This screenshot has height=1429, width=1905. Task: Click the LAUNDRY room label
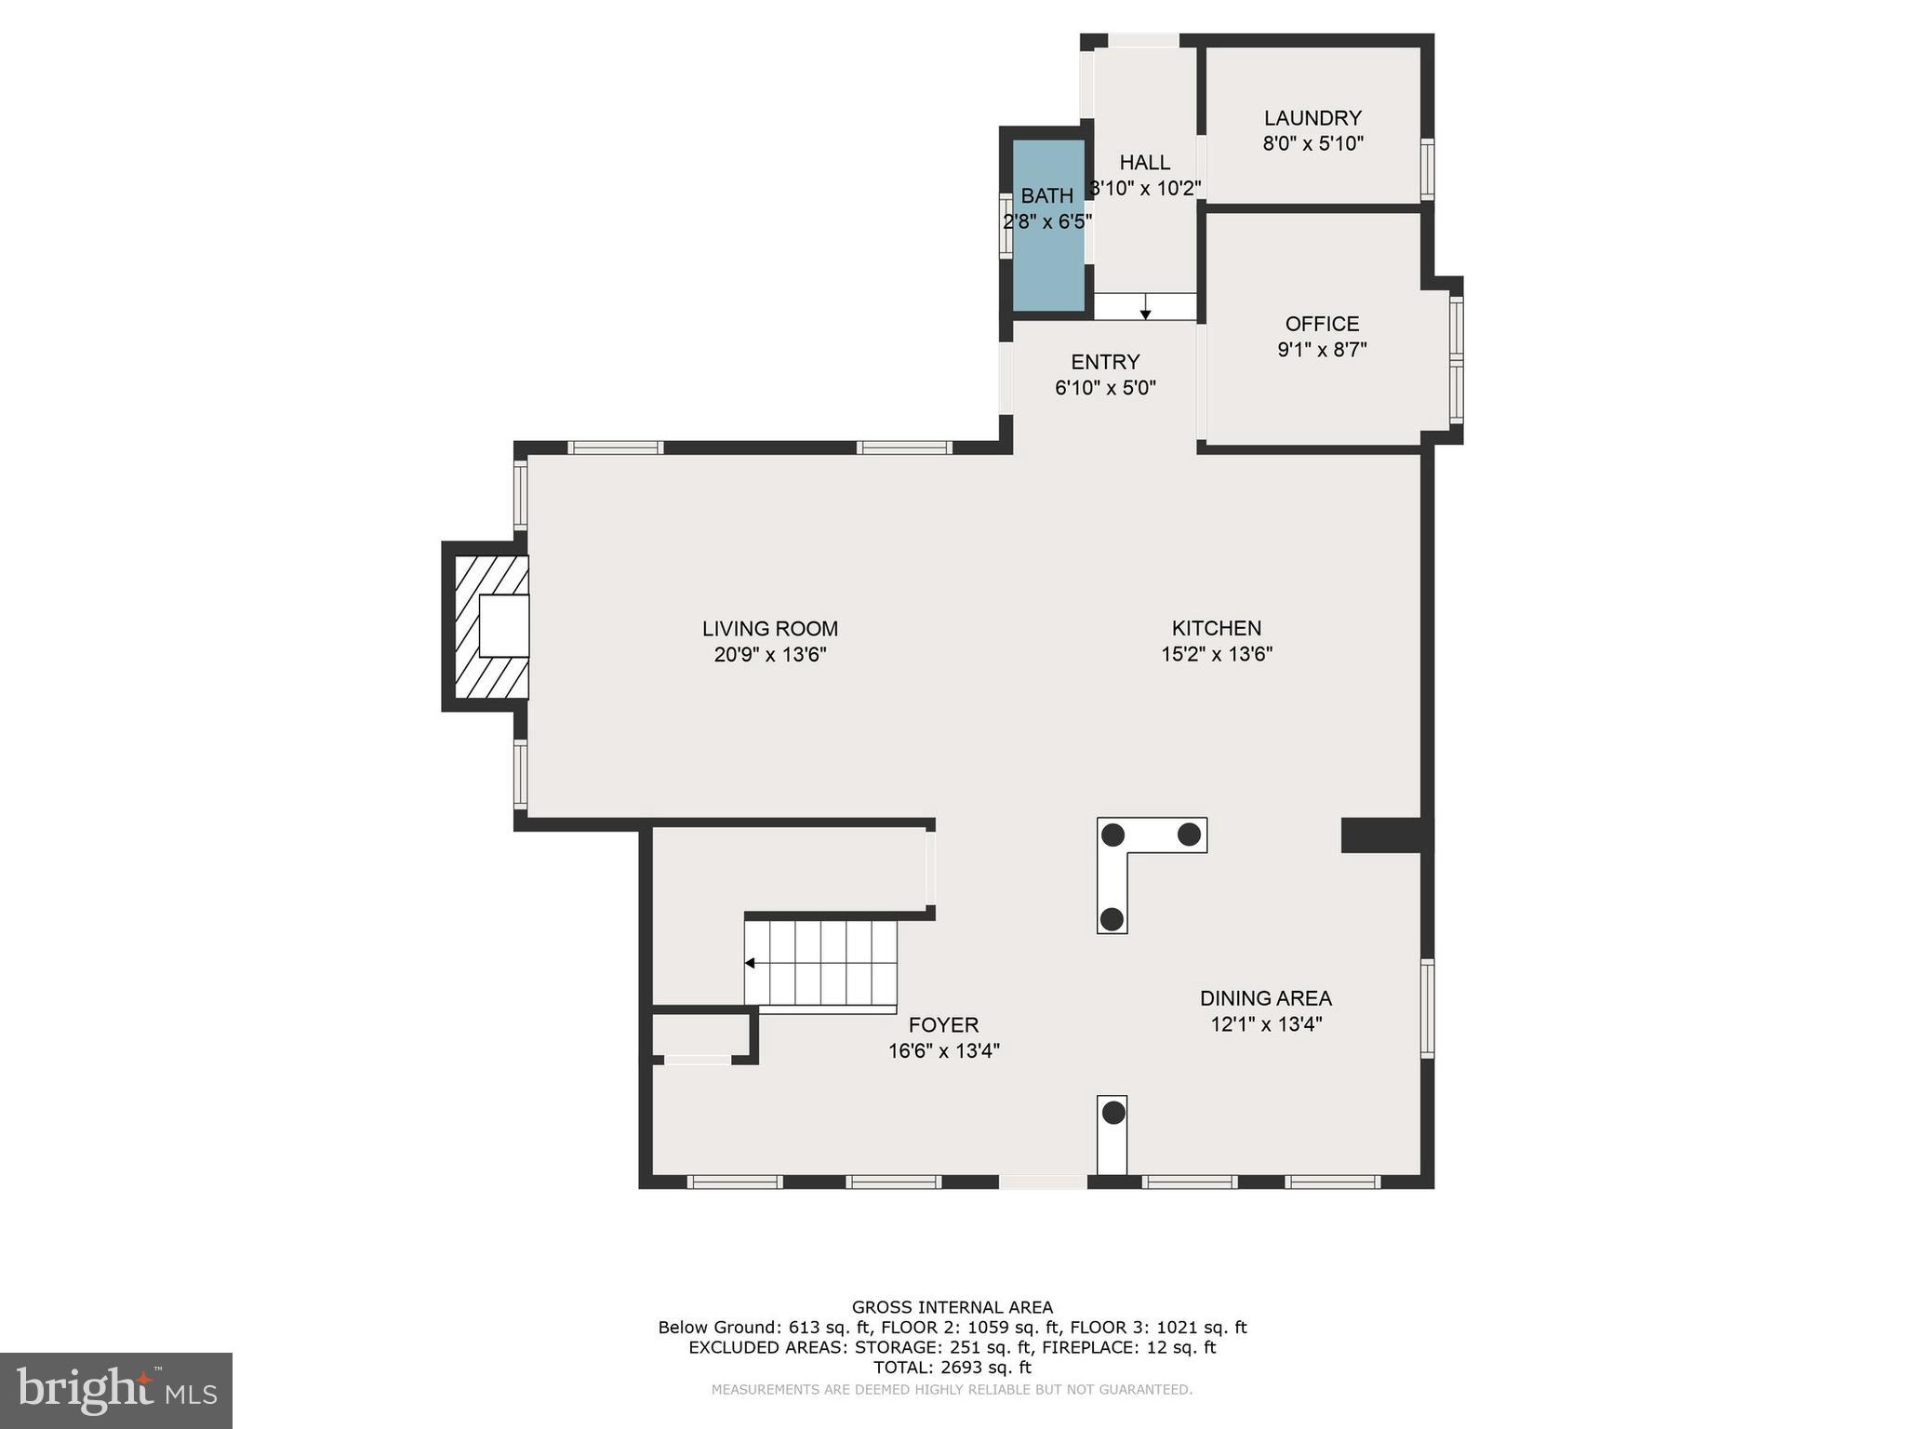coord(1312,118)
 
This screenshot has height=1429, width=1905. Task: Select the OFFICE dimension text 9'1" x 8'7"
coord(1322,350)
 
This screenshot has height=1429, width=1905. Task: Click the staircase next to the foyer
coord(820,962)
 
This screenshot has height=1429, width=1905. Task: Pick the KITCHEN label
coord(1216,628)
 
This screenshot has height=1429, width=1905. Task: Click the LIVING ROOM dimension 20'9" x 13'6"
coord(770,655)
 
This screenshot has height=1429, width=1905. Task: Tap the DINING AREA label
coord(1265,998)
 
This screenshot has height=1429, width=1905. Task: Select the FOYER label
coord(943,1025)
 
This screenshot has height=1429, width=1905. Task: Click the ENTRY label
coord(1105,362)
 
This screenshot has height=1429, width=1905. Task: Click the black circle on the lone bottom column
coord(1112,1112)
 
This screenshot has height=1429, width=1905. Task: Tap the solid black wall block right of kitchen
coord(1380,835)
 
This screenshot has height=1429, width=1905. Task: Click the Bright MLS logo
coord(116,1391)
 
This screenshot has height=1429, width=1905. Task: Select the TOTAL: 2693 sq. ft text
coord(952,1368)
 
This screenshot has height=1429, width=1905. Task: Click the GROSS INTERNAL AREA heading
coord(952,1307)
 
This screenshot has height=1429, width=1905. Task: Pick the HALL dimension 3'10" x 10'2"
coord(1145,189)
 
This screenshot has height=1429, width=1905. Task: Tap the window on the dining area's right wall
coord(1427,1008)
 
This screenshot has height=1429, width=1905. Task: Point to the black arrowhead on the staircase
coord(750,963)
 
